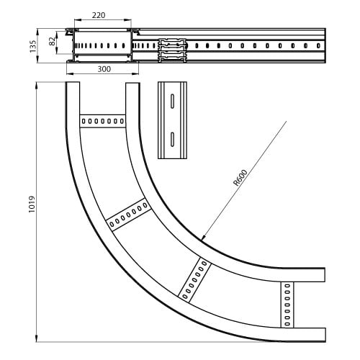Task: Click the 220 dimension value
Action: (99, 15)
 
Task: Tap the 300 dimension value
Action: (104, 69)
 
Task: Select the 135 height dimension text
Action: (32, 46)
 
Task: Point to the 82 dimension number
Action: (52, 41)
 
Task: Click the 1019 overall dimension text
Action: (32, 204)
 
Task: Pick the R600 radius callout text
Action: (240, 178)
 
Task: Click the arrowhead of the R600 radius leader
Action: (203, 237)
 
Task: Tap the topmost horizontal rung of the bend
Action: (103, 121)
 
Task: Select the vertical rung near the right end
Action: (287, 305)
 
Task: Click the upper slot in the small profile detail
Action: (172, 101)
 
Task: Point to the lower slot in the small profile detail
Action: (172, 139)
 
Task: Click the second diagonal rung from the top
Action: (129, 215)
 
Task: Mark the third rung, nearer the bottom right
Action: (194, 280)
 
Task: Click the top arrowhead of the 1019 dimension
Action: (37, 86)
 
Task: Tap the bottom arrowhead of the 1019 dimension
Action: (37, 338)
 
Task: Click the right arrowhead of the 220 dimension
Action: (128, 20)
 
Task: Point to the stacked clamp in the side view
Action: (172, 50)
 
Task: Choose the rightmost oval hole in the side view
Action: (318, 45)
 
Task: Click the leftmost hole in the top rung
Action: (84, 121)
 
